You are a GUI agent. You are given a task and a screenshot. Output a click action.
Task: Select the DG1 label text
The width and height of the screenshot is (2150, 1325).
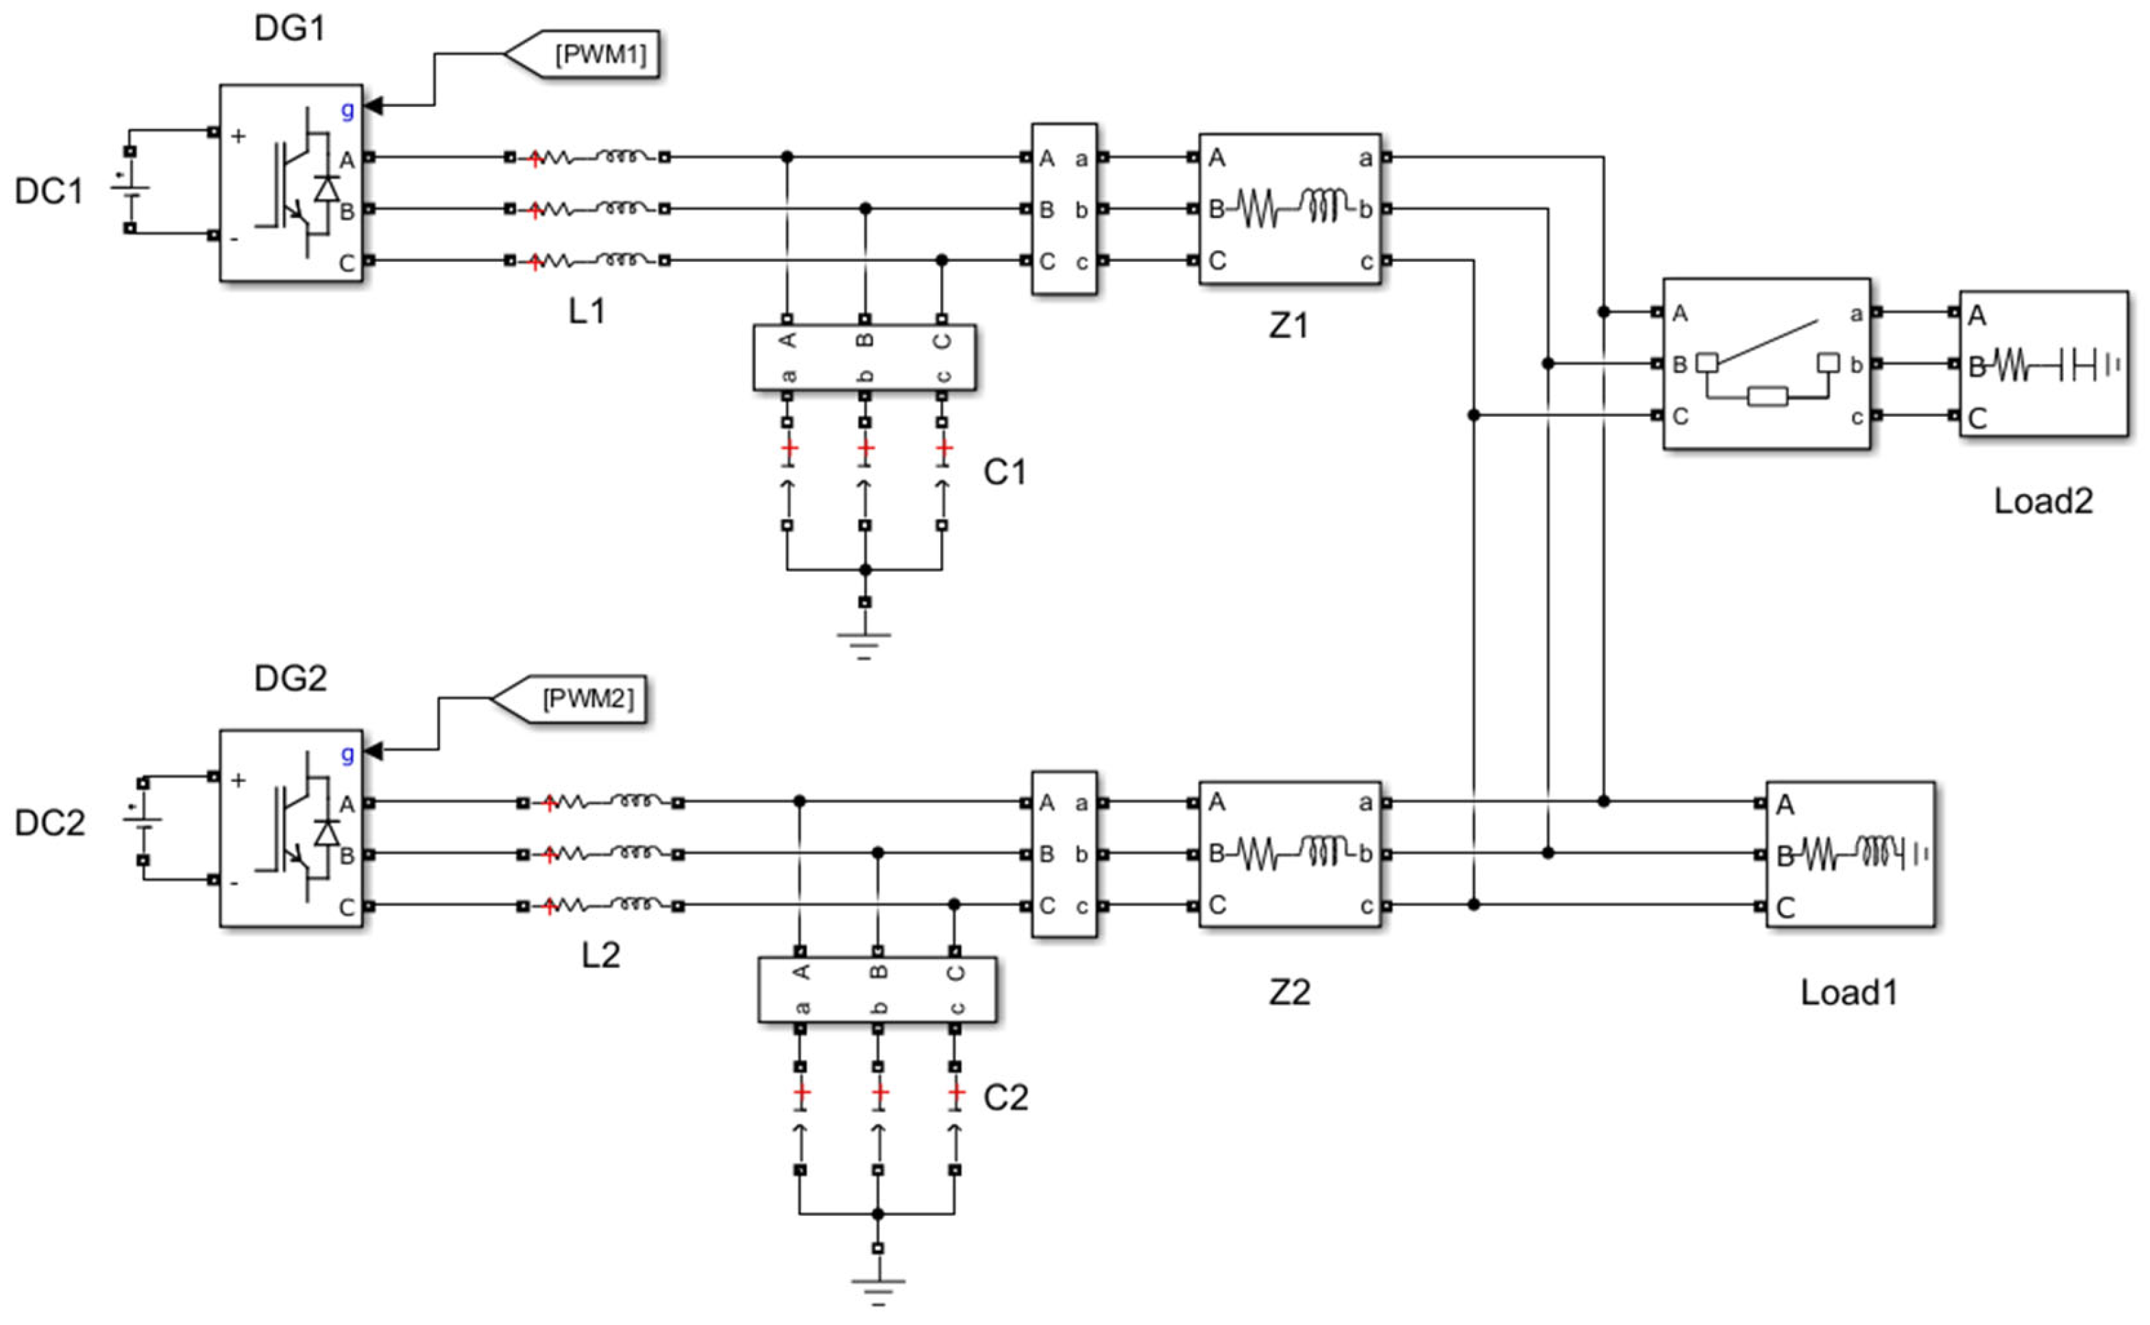pos(289,29)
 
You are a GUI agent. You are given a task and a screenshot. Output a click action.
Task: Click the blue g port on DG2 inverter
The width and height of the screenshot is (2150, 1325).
pos(347,753)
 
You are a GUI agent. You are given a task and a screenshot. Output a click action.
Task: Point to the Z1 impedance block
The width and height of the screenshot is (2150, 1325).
pos(1290,208)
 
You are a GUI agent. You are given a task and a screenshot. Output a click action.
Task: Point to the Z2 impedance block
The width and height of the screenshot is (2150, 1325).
pos(1290,853)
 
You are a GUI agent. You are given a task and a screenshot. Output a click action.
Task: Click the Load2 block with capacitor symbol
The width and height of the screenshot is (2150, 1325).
pos(2042,364)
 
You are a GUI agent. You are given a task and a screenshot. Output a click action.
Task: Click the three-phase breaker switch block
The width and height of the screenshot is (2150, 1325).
pos(1766,364)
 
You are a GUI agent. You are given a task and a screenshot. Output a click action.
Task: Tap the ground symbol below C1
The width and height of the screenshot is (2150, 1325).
pos(865,644)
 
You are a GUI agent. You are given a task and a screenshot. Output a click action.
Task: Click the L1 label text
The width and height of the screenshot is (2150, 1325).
pos(586,311)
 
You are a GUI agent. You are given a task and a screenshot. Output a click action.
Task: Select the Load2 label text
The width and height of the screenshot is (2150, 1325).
pos(2042,501)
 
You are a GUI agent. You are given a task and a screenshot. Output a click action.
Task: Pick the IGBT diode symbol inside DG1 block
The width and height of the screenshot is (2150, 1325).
pos(328,188)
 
